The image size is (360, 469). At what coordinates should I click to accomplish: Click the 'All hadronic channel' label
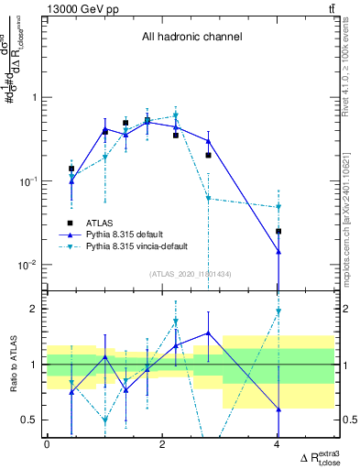(x=191, y=38)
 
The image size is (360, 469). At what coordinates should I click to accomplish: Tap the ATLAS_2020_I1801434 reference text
(x=191, y=274)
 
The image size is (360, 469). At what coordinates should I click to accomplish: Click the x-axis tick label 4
(x=278, y=444)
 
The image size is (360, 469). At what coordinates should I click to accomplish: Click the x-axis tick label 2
(x=162, y=444)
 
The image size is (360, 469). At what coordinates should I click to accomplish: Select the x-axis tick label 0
(x=47, y=444)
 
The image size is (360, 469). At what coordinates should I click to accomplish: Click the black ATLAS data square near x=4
(x=278, y=231)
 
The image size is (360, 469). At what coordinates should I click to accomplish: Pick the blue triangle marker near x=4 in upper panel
(x=278, y=251)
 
